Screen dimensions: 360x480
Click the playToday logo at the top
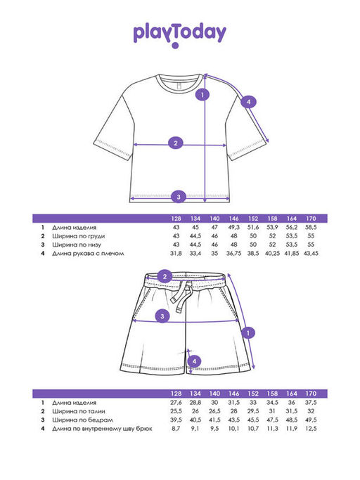click(x=179, y=36)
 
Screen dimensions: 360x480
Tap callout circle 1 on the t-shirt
click(x=202, y=95)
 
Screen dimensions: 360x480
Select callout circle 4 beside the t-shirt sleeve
click(x=248, y=102)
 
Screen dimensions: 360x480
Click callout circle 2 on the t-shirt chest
click(x=176, y=143)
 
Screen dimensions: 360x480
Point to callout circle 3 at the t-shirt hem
click(x=179, y=197)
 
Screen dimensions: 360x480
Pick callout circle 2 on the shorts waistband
click(x=165, y=277)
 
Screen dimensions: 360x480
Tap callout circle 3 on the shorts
click(x=162, y=316)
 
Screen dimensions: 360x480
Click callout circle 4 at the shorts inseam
click(x=194, y=361)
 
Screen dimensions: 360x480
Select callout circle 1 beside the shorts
click(x=248, y=332)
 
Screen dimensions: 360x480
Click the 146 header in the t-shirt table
click(x=233, y=219)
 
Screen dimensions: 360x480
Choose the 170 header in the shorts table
click(x=311, y=394)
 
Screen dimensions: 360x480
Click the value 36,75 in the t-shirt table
click(x=233, y=254)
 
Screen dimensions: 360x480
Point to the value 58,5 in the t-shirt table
click(x=311, y=228)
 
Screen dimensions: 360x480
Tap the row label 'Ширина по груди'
click(x=79, y=236)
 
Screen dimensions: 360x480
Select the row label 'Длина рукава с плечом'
click(x=88, y=254)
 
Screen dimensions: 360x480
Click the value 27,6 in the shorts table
click(x=176, y=403)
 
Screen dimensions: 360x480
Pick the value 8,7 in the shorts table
click(x=176, y=429)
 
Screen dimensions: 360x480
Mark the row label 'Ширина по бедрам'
click(x=82, y=420)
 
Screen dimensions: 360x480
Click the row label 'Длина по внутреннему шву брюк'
click(x=102, y=429)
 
